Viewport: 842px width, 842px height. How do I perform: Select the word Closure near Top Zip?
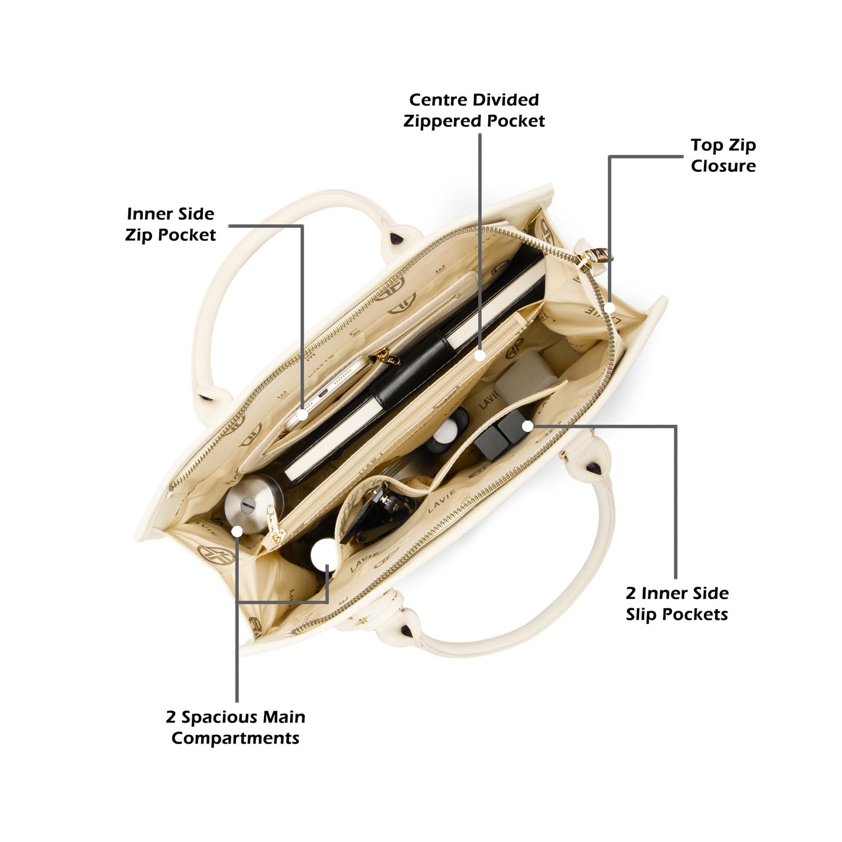coord(723,165)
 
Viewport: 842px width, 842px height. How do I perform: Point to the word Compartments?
coord(235,738)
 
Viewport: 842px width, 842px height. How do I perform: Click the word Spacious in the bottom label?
coord(216,717)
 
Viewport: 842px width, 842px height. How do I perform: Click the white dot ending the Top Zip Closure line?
coord(609,307)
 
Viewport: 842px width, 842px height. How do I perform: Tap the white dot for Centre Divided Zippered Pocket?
coord(480,355)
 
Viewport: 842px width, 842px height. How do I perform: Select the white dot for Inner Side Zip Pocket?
coord(302,414)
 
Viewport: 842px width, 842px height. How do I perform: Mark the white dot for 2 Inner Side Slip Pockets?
coord(528,426)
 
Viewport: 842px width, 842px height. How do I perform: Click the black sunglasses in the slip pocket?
coord(378,513)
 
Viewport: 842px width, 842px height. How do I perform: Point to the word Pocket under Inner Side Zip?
coord(186,235)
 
